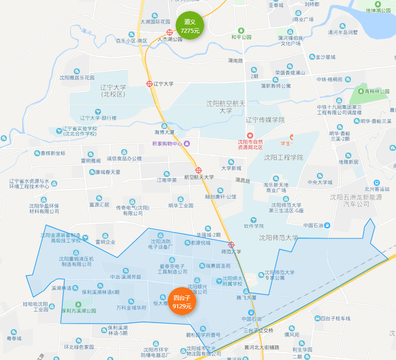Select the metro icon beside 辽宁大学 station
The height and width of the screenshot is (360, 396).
(x=149, y=84)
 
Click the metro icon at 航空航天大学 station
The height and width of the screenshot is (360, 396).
(x=199, y=170)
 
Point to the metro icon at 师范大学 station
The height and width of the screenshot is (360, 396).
(x=232, y=245)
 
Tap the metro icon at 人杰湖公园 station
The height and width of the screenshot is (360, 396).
(x=170, y=33)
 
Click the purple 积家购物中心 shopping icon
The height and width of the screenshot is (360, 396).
(x=187, y=144)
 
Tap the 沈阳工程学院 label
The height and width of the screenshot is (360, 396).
(x=283, y=157)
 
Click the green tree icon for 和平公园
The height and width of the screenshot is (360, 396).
(x=240, y=30)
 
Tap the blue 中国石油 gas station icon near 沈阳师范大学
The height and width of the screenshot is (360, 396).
(x=327, y=225)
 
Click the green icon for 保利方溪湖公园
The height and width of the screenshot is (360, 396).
(x=78, y=304)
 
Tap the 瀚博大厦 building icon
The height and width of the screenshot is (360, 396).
(x=164, y=126)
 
